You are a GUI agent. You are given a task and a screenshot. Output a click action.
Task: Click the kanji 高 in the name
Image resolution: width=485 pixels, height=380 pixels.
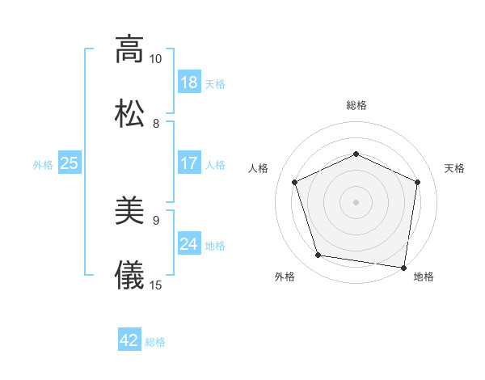pyautogui.click(x=129, y=49)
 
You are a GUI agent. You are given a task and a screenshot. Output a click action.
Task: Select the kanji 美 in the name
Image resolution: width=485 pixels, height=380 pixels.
pyautogui.click(x=129, y=213)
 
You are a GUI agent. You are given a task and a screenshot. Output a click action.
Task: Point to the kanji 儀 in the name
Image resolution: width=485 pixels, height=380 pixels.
pyautogui.click(x=129, y=275)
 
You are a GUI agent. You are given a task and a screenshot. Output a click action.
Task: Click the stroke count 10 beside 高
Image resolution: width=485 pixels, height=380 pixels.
pyautogui.click(x=156, y=59)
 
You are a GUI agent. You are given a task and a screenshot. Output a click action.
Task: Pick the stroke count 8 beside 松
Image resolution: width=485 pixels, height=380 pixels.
pyautogui.click(x=156, y=123)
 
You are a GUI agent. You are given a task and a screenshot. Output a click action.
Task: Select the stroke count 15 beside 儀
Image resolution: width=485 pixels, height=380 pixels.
pyautogui.click(x=156, y=285)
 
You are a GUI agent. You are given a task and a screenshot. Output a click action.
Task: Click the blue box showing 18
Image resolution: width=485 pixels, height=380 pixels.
pyautogui.click(x=189, y=82)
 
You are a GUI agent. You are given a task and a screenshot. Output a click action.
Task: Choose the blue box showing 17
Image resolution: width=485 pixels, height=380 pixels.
pyautogui.click(x=189, y=163)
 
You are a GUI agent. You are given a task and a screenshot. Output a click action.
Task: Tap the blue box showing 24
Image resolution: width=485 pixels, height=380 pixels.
pyautogui.click(x=189, y=244)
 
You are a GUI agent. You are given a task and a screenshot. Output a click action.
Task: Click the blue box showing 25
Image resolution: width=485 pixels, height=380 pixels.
pyautogui.click(x=70, y=163)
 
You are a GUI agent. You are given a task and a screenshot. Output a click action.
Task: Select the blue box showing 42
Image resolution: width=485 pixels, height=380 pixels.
pyautogui.click(x=129, y=340)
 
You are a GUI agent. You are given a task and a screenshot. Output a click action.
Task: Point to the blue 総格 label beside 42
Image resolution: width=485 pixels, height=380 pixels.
pyautogui.click(x=156, y=342)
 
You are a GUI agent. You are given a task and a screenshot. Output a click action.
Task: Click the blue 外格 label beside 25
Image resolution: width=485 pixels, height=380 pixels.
pyautogui.click(x=43, y=165)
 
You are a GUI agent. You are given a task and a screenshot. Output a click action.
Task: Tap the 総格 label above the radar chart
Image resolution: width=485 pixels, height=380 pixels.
pyautogui.click(x=356, y=105)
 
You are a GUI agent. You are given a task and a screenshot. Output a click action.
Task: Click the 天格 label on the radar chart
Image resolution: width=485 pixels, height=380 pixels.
pyautogui.click(x=454, y=168)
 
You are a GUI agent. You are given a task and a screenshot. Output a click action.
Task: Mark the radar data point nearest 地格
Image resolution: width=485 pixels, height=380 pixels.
pyautogui.click(x=403, y=267)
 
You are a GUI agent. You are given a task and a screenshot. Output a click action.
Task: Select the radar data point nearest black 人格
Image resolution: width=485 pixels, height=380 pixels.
pyautogui.click(x=296, y=182)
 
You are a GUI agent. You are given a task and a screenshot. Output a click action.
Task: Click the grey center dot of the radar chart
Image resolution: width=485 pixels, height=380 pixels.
pyautogui.click(x=356, y=201)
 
